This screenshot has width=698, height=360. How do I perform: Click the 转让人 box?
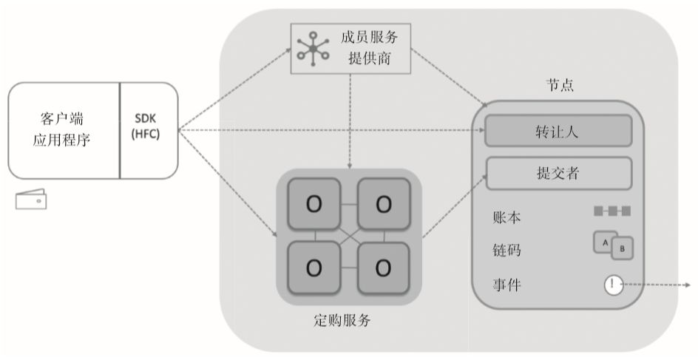point(558,132)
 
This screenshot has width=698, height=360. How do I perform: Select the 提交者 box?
point(558,174)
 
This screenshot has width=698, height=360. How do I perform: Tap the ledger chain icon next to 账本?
point(611,212)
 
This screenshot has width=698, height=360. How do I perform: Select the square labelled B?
point(621,249)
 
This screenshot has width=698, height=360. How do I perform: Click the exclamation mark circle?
point(614,284)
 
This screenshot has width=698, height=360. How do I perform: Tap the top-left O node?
point(314,204)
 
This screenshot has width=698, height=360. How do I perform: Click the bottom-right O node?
point(383,267)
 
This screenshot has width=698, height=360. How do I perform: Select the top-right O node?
point(383,204)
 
